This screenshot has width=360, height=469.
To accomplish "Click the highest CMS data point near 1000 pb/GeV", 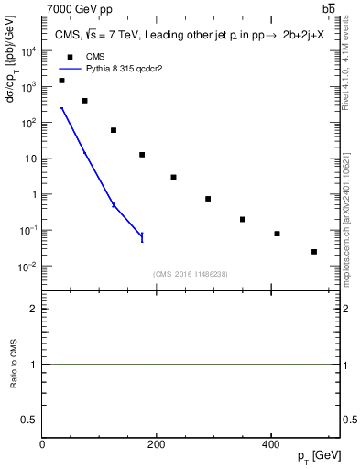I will [x=61, y=81].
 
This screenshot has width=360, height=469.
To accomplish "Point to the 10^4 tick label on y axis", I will [x=28, y=51].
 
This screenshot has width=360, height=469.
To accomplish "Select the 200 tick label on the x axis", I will [x=157, y=444].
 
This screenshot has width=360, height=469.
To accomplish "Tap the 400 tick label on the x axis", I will [x=270, y=444].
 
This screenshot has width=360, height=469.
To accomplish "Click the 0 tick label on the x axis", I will [x=42, y=444].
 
